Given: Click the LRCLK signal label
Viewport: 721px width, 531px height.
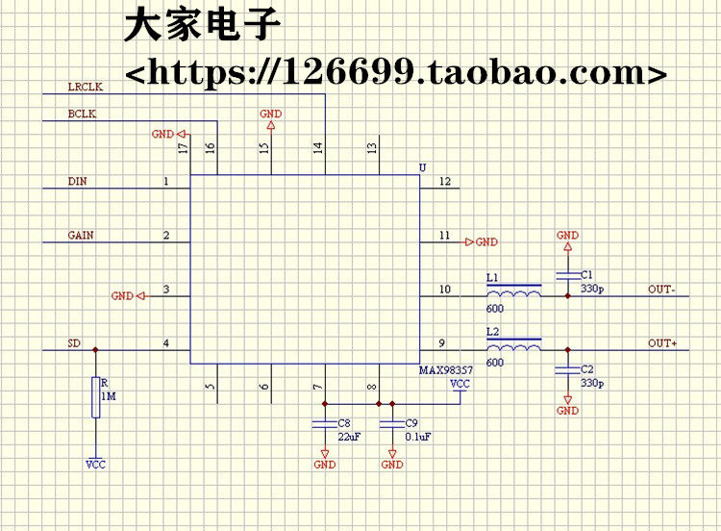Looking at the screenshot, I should tap(85, 87).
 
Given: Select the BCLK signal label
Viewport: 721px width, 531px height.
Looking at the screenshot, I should tap(82, 114).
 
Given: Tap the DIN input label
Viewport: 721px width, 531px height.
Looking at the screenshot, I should tap(77, 181).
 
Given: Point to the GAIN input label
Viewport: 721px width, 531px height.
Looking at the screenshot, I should tap(81, 235).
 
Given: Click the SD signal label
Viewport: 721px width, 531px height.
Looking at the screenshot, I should tap(74, 342).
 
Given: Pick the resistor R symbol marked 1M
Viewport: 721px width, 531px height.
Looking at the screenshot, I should tap(95, 397).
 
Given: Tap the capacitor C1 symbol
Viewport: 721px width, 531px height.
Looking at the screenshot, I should tap(567, 276).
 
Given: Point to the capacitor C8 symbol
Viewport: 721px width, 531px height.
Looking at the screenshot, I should tap(325, 423).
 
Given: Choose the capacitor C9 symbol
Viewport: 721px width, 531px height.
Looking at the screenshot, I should tap(392, 423).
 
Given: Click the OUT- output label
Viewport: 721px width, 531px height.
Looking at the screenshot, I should tap(661, 290).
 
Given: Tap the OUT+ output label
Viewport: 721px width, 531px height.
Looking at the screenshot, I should tap(662, 343).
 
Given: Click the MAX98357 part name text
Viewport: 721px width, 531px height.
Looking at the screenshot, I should tap(446, 370).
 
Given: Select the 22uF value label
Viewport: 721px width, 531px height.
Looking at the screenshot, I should tap(350, 436).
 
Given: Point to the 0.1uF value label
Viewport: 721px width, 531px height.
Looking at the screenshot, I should tap(418, 436).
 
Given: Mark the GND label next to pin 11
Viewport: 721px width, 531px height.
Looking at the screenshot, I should tap(486, 242).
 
